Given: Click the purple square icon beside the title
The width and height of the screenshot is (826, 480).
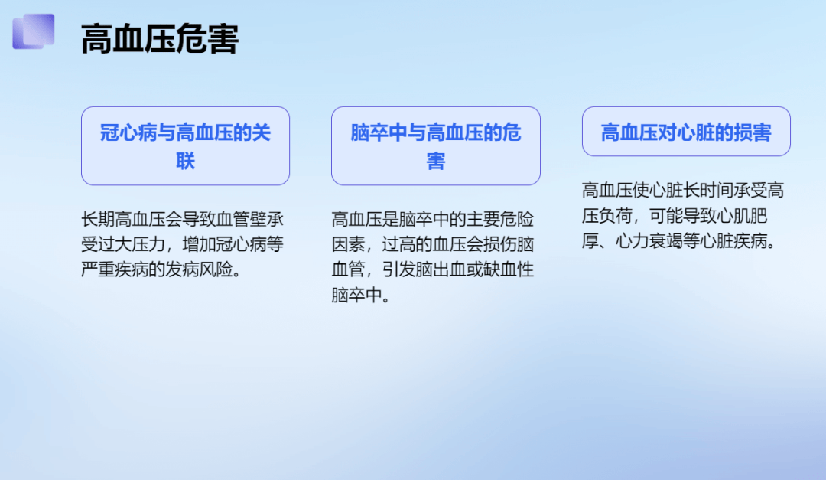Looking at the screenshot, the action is point(33,31).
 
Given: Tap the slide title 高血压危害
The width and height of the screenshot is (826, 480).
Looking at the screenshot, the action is point(160,39).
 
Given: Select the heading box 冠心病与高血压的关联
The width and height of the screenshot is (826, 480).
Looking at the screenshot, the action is point(185,146).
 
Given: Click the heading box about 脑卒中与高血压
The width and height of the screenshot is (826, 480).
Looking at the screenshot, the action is point(436,146).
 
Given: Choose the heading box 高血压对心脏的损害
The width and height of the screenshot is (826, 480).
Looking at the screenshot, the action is point(686,132).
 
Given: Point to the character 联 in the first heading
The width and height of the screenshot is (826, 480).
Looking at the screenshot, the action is point(185,160).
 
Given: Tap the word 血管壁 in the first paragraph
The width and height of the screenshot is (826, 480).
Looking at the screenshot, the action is point(241,219).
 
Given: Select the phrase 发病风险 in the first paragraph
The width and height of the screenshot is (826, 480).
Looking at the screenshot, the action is point(199,269).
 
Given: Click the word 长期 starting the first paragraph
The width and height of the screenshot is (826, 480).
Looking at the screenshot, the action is point(98,219).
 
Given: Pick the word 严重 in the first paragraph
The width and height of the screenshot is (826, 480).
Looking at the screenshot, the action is point(98,269).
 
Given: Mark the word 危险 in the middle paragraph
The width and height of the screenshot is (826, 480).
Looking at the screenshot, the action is point(517,219).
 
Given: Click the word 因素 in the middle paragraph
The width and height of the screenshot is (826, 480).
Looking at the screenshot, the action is point(348,244).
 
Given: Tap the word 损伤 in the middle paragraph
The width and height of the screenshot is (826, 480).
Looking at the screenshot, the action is point(500,244).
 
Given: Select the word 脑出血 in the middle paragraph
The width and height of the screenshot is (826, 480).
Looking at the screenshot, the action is point(441,269).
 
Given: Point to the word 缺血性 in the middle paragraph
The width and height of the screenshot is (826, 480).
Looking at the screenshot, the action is point(509,269).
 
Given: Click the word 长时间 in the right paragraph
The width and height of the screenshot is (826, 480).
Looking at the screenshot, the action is point(708,190).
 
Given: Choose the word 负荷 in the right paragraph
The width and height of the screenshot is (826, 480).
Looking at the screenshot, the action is point(615,216).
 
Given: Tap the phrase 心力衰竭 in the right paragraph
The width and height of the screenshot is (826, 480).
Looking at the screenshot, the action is point(649,241).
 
